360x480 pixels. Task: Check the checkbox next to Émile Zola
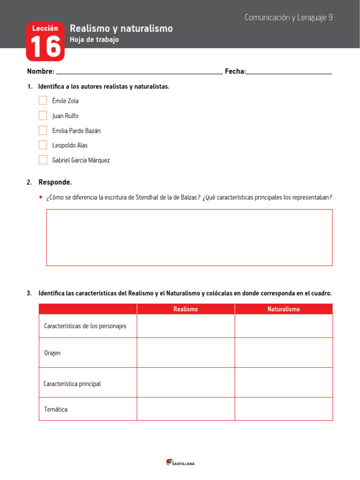tap(43, 100)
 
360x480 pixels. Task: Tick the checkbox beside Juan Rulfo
tap(43, 115)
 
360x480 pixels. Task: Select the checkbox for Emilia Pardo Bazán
tap(43, 130)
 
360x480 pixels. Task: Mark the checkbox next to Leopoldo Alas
tap(43, 145)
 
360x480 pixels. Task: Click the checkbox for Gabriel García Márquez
tap(43, 160)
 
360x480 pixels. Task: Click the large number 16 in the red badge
tap(45, 47)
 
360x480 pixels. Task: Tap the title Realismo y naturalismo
tap(121, 29)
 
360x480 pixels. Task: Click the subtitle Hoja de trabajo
tap(94, 40)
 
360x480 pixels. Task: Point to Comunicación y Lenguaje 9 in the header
tap(288, 17)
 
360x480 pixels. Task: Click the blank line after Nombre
tap(139, 71)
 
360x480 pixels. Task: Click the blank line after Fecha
tap(289, 71)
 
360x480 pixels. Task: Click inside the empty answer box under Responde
tap(189, 238)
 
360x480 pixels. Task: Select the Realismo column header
tap(186, 309)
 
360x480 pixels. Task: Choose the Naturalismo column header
tap(284, 309)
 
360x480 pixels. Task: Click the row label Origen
tap(52, 353)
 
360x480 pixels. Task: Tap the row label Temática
tap(56, 409)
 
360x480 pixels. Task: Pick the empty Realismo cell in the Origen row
tap(186, 352)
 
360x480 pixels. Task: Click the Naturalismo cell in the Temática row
tap(284, 409)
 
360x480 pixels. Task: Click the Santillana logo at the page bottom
tap(180, 463)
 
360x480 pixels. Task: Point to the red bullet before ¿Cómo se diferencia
tap(41, 197)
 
